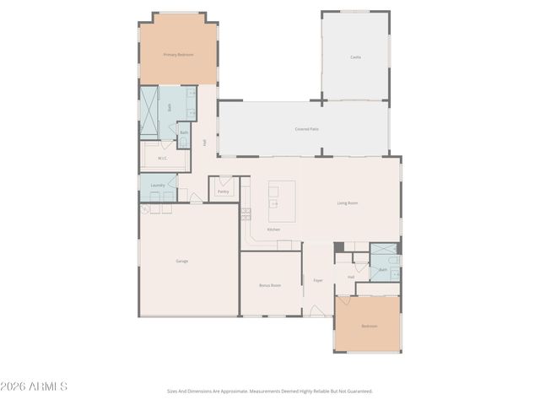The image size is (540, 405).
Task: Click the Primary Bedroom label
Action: [178, 55]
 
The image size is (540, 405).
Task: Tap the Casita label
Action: [355, 57]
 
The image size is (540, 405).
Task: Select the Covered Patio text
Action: [306, 129]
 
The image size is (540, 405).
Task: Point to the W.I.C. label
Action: [162, 158]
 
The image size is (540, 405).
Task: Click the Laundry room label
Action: [158, 186]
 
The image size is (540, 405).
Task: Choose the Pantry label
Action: [223, 192]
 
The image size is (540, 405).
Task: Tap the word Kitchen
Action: [273, 229]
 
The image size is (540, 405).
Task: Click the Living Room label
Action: [348, 203]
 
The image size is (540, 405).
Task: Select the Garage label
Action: [182, 261]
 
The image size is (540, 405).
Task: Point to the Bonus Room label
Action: [270, 285]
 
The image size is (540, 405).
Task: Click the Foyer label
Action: [318, 280]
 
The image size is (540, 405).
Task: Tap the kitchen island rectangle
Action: [282, 201]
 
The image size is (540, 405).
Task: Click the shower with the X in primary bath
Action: [148, 113]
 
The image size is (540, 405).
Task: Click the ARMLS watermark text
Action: [34, 386]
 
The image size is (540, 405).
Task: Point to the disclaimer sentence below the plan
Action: [269, 391]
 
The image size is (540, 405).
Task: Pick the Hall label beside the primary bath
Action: [205, 143]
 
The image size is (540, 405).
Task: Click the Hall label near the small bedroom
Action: [351, 277]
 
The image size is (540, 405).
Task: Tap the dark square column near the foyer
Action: [338, 247]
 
